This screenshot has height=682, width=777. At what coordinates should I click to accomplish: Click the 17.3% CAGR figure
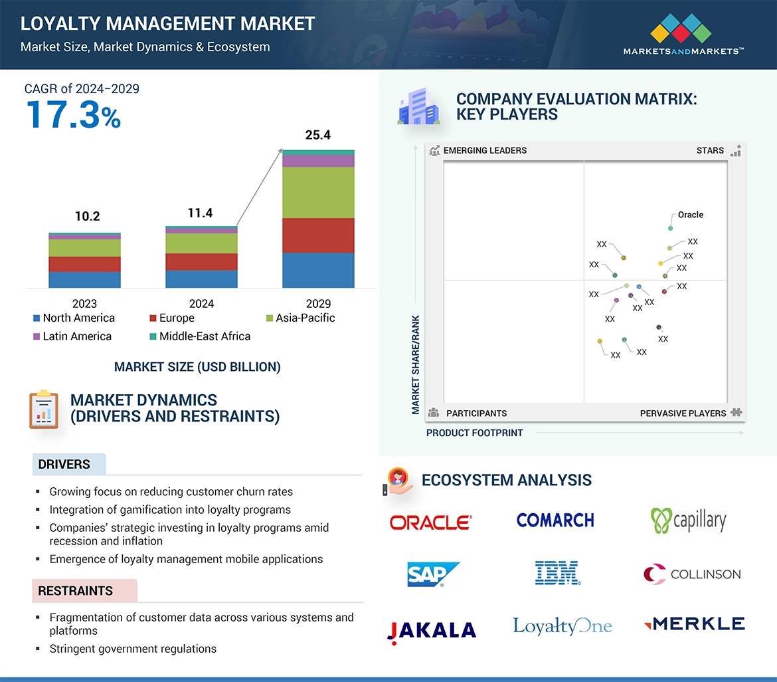[x=73, y=114]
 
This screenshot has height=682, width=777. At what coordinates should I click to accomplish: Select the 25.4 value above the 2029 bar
[x=317, y=135]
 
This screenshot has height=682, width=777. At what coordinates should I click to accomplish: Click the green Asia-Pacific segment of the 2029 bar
[x=318, y=192]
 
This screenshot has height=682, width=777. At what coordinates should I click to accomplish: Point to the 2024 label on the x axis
[x=201, y=304]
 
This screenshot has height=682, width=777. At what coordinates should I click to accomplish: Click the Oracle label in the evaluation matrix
[x=690, y=215]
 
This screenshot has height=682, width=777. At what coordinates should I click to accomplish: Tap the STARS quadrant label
[x=710, y=150]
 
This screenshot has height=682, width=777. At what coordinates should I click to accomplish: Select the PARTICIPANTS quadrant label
[x=476, y=413]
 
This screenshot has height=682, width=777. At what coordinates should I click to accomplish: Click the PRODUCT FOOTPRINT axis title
[x=474, y=433]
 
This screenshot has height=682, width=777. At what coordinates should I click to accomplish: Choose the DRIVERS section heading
[x=64, y=464]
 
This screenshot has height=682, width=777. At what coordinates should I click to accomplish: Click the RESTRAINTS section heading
[x=75, y=590]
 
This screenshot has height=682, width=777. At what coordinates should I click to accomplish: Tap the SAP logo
[x=433, y=574]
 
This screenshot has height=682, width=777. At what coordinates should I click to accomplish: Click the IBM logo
[x=558, y=573]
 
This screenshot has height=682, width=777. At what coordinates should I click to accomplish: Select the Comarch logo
[x=555, y=520]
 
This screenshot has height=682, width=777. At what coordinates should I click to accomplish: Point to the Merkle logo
[x=694, y=624]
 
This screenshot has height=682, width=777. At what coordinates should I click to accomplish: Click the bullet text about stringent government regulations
[x=133, y=648]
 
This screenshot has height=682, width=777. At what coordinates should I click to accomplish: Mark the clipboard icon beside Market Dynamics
[x=44, y=409]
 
